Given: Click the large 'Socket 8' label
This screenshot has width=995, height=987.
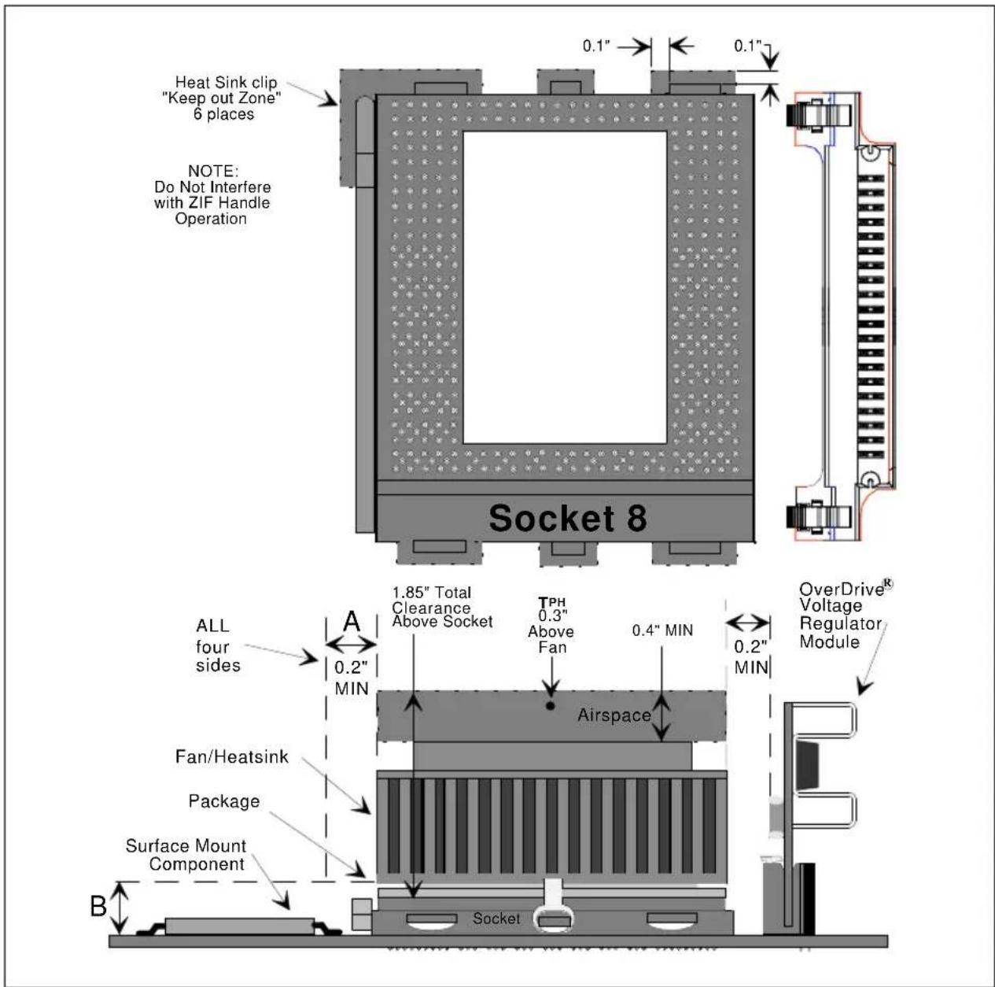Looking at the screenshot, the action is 567,518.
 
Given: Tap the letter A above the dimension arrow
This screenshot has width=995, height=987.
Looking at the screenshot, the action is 352,621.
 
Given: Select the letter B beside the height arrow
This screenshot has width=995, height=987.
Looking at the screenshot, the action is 98,906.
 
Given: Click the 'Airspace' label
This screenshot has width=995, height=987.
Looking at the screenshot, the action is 614,715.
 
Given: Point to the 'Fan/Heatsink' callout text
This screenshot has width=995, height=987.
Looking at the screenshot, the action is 232,757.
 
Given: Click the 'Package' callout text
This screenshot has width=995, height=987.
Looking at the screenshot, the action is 224,801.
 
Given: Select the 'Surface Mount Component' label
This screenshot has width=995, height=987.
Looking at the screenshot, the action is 186,855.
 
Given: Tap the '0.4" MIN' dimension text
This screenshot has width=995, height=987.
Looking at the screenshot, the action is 662,630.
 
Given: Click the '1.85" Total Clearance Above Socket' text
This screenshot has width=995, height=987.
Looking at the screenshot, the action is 442,607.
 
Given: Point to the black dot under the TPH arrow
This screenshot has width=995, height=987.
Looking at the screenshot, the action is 551,706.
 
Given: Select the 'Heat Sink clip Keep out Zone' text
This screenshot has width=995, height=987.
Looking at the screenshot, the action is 222,98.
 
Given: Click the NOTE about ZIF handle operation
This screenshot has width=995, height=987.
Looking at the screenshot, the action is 212,195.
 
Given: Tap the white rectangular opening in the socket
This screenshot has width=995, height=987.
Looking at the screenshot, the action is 565,287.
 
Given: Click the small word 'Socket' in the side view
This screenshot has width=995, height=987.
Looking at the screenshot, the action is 496,919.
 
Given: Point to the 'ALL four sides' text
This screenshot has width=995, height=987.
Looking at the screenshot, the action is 218,646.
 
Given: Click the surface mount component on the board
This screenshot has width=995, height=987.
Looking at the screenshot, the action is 239,926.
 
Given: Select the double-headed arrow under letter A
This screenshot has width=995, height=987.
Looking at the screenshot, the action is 352,645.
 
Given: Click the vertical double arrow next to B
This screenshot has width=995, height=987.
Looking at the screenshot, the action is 120,908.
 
